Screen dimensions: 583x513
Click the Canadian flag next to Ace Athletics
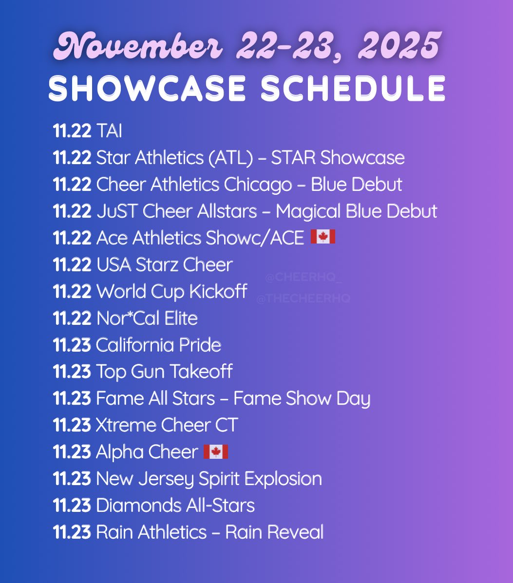tap(323, 237)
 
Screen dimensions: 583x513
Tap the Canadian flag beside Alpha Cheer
tap(215, 451)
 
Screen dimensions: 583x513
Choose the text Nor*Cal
tap(120, 318)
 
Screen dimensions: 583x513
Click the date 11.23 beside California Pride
tap(72, 345)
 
